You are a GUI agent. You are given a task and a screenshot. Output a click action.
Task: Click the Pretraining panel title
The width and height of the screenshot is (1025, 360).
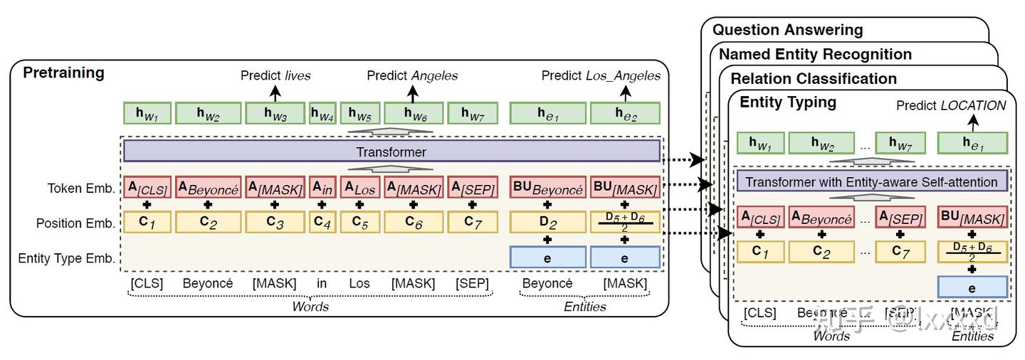pos(64,73)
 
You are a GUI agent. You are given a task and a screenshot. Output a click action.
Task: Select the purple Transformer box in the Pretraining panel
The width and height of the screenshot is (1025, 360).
pos(391,152)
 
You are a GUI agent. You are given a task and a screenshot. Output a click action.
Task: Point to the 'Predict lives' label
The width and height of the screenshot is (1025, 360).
pos(275,75)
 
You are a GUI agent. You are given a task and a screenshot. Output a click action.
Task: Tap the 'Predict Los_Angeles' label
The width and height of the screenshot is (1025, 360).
pos(601,75)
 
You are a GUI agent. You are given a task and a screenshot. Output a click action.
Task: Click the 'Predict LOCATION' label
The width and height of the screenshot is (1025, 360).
pos(951,105)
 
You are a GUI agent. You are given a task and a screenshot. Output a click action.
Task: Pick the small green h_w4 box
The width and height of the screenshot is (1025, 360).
pos(322,113)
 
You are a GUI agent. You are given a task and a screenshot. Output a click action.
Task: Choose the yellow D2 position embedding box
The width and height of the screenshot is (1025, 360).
pos(547,223)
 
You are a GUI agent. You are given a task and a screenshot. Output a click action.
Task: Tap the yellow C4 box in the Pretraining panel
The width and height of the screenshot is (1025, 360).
pos(322,223)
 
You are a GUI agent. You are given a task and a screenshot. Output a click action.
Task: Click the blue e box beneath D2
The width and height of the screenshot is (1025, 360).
pos(547,258)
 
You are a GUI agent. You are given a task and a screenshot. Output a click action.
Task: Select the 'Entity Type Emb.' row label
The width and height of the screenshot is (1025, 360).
pos(67,258)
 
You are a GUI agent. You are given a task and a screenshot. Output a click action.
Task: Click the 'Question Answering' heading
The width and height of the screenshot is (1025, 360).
pos(787,30)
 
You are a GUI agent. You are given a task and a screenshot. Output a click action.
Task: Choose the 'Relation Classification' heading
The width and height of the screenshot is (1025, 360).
pos(814,78)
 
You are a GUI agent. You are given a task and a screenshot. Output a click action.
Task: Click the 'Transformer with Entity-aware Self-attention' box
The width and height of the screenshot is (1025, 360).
pos(872,181)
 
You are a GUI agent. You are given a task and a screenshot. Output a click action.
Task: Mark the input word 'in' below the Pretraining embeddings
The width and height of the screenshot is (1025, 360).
pos(322,283)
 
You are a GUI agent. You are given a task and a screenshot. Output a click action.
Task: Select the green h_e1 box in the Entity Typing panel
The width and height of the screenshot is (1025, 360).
pos(972,143)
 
